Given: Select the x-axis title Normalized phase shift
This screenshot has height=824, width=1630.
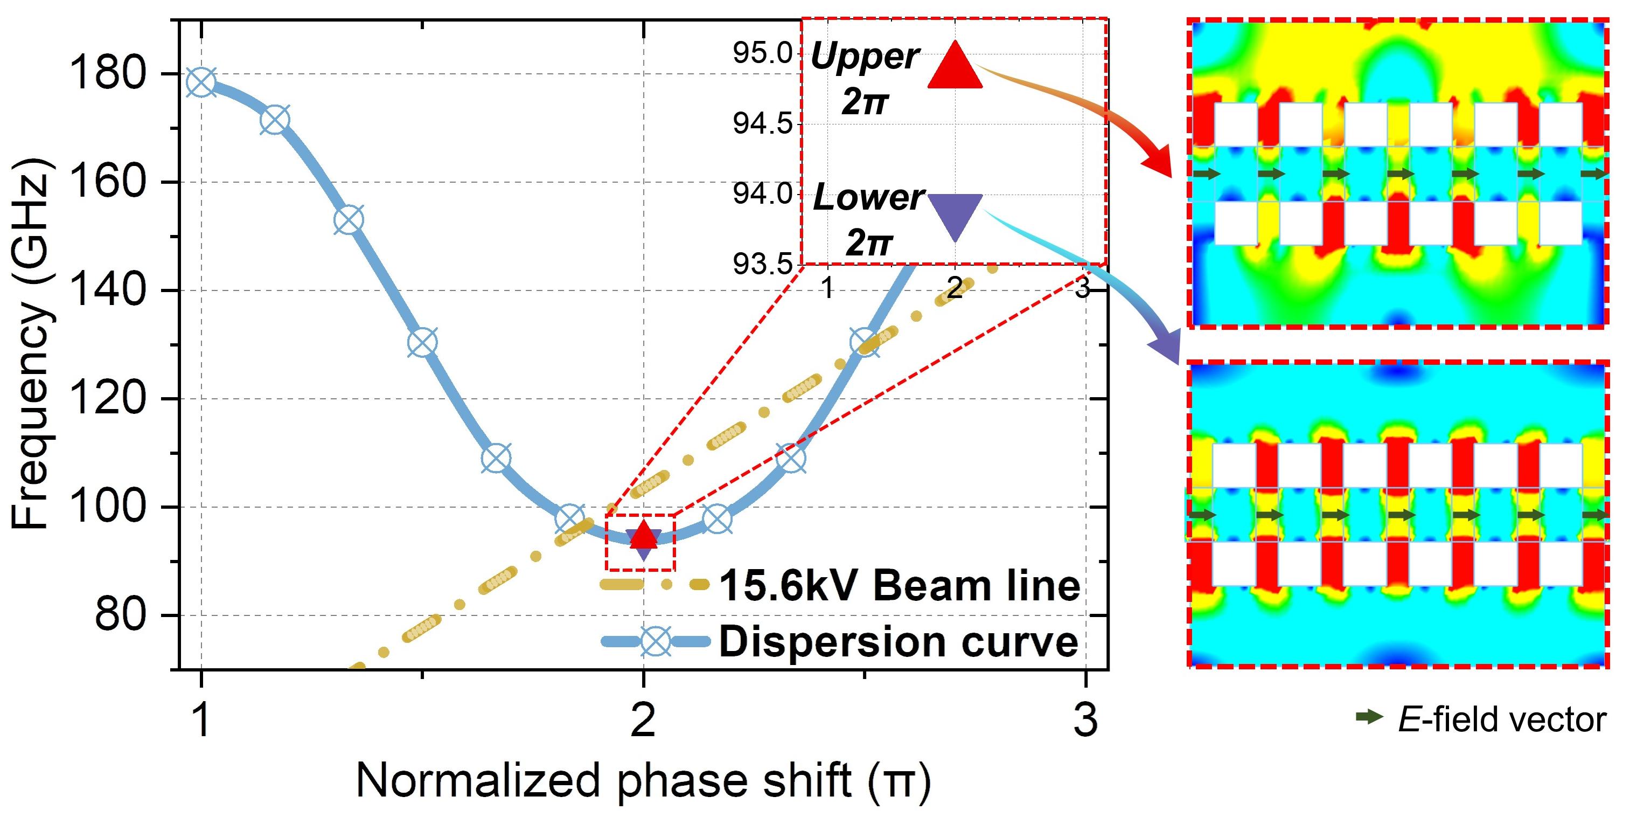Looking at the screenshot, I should tap(642, 781).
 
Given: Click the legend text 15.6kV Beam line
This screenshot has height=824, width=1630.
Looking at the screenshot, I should tap(898, 586).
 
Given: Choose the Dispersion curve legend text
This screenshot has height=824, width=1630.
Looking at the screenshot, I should tap(898, 642).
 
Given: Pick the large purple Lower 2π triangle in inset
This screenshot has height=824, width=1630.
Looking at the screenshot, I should tap(955, 214).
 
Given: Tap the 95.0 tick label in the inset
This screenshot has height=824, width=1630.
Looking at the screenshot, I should tap(763, 54).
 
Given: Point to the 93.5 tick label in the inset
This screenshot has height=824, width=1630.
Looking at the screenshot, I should tap(763, 264).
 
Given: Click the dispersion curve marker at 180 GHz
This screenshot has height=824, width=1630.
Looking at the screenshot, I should tap(201, 82).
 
